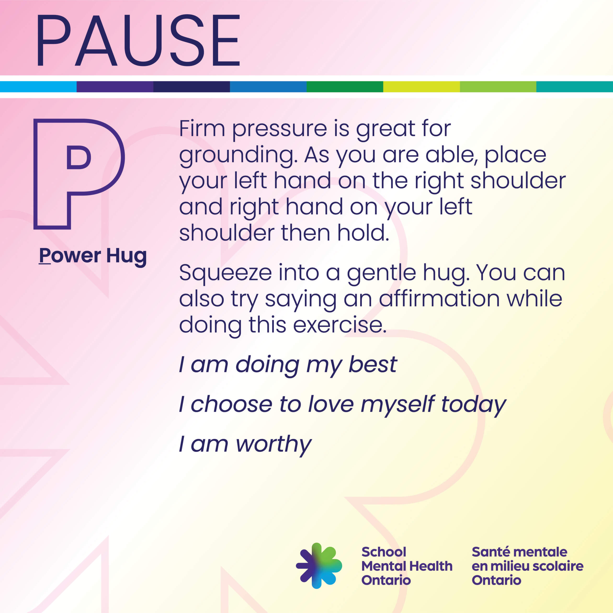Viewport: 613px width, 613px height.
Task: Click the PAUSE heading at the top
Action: pos(138,40)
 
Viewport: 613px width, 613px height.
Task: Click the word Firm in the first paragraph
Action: pos(202,129)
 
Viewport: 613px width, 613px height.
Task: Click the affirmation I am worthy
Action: pos(245,444)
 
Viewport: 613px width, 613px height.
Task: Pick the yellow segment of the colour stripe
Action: pos(421,87)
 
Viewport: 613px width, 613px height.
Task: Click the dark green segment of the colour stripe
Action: pos(345,87)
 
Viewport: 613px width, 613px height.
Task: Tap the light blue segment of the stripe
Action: pos(38,87)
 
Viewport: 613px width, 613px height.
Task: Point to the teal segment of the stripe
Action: pos(575,87)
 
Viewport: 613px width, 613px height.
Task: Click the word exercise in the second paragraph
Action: pos(340,325)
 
